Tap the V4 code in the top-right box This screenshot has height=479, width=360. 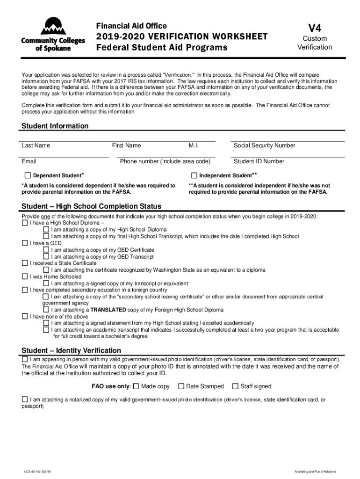click(315, 27)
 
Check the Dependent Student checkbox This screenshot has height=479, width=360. click(28, 175)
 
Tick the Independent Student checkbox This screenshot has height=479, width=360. click(194, 175)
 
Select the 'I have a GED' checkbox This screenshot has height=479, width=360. click(25, 243)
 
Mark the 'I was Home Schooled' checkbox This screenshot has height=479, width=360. click(25, 277)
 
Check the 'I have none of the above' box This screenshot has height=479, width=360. click(25, 317)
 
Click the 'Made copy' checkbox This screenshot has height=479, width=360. click(136, 386)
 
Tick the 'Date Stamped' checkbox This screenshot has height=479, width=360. click(180, 386)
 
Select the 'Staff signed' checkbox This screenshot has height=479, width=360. click(235, 386)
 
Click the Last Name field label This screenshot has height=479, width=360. click(36, 145)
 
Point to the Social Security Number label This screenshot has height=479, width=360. click(264, 145)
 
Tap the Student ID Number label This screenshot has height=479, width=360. click(259, 161)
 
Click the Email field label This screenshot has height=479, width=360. click(29, 161)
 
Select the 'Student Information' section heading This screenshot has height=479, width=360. click(55, 126)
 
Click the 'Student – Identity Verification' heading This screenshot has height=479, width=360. click(72, 350)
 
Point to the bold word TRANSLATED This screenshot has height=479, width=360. click(108, 310)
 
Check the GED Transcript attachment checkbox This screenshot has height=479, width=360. click(46, 257)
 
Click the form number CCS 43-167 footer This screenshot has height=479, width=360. click(38, 472)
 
